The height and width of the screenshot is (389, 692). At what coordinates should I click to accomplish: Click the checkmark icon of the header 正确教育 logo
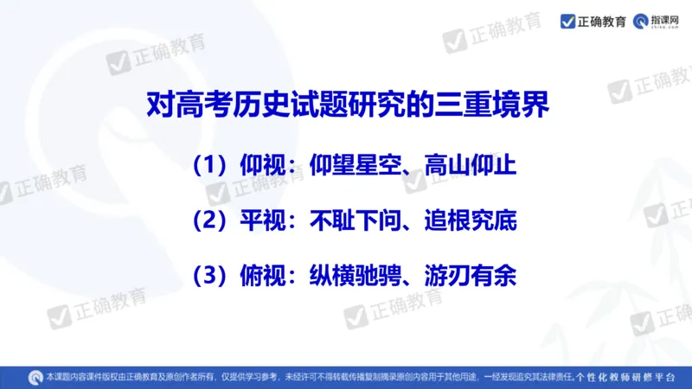tap(567, 21)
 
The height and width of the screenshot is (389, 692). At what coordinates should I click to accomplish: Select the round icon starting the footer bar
tap(35, 376)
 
